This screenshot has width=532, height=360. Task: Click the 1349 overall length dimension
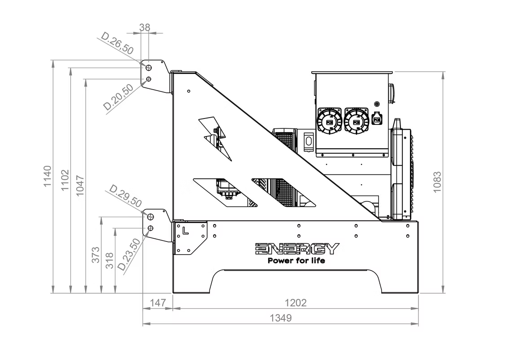[281, 318]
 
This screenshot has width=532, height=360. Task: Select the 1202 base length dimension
[296, 303]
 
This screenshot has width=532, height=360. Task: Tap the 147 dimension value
[158, 303]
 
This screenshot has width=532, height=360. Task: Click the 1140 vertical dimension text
[47, 176]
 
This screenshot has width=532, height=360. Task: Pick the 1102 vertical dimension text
[65, 180]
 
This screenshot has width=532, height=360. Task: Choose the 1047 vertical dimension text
[80, 186]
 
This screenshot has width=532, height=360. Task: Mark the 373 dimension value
[95, 255]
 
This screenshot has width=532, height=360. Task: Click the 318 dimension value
[109, 260]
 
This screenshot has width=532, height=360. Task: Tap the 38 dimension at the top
[145, 27]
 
